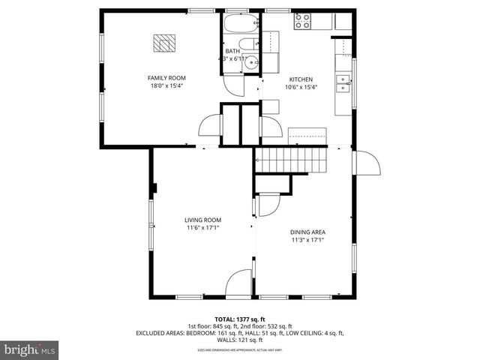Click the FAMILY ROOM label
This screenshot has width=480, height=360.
tap(166, 78)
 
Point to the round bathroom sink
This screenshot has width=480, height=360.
tap(252, 63)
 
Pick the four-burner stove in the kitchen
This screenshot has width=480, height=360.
tap(303, 22)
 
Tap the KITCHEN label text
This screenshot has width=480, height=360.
tap(301, 79)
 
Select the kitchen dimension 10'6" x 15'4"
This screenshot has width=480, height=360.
tap(301, 87)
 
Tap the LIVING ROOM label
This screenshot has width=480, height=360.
tap(202, 220)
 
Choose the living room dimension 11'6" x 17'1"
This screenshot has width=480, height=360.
tap(202, 229)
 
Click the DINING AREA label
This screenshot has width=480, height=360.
tap(308, 232)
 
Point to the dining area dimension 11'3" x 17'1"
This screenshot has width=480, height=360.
tap(308, 241)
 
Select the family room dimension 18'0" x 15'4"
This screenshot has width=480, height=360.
tap(166, 86)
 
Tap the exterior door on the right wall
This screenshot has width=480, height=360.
tap(367, 161)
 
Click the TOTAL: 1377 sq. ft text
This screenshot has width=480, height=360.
tap(239, 319)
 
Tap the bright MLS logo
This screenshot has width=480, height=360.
tap(30, 349)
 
